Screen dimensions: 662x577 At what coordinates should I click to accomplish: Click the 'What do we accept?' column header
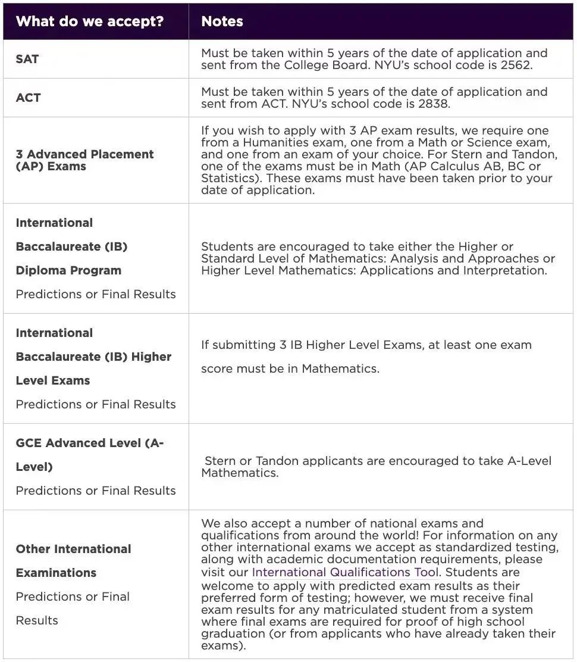[89, 21]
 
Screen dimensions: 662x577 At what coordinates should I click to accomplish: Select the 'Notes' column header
[222, 21]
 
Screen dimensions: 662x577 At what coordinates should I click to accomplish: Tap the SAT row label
[27, 60]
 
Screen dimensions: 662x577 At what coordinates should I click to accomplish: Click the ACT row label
[28, 98]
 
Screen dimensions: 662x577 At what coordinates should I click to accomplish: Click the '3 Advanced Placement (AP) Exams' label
[84, 160]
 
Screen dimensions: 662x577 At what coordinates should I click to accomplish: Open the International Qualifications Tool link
[345, 573]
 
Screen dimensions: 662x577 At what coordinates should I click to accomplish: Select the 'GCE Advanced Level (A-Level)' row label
[89, 455]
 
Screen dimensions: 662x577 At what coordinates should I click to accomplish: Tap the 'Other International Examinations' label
[73, 560]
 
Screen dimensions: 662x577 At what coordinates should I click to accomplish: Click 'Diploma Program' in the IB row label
[68, 270]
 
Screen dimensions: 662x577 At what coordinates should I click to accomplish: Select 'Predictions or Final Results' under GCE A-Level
[96, 491]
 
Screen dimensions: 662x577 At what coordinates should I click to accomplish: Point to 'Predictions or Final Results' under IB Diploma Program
[96, 294]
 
